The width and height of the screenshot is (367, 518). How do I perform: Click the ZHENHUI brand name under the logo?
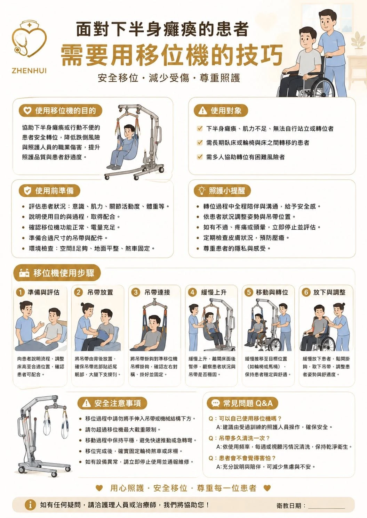29,71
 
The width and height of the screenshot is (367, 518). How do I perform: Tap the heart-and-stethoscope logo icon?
29,39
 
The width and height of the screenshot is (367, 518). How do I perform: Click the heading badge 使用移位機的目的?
61,110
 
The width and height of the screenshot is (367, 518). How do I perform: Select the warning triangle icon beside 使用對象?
203,110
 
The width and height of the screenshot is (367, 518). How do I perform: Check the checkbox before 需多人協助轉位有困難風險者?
200,157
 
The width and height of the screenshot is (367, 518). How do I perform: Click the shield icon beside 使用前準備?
27,191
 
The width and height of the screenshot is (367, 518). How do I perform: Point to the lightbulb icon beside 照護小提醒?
202,190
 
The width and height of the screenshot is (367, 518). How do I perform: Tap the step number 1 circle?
21,292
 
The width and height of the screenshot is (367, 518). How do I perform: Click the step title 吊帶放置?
100,292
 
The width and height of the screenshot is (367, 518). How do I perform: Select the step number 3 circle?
135,292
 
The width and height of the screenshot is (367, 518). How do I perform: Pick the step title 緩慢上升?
214,292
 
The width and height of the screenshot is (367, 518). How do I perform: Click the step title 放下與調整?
329,292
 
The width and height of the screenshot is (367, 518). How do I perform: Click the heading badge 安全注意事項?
112,403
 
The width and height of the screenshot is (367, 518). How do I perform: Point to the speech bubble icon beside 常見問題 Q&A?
215,403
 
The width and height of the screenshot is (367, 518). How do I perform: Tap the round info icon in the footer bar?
30,504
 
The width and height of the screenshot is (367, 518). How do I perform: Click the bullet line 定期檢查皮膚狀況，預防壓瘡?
244,238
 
